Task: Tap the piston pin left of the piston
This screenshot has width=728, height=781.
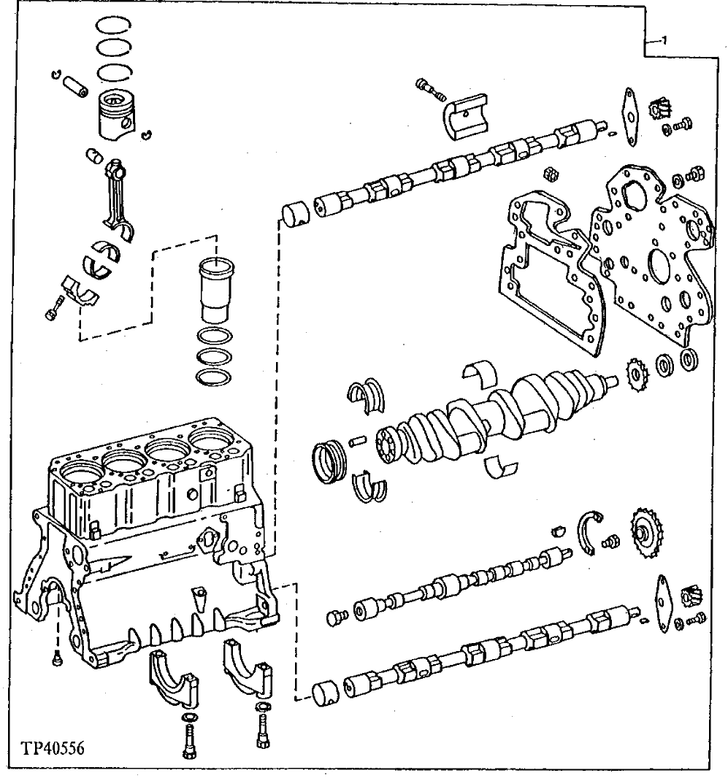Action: [x=75, y=81]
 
